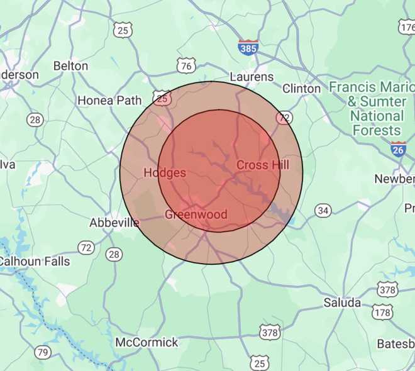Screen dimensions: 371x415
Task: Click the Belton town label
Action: [x=70, y=65]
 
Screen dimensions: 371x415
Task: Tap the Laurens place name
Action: [x=252, y=77]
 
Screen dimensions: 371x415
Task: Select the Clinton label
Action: [x=301, y=89]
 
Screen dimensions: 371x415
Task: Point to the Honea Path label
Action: [x=104, y=100]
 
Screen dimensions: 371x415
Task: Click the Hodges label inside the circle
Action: [x=165, y=172]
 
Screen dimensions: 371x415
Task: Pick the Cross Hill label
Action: [x=263, y=165]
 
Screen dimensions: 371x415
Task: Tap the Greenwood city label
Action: [x=196, y=214]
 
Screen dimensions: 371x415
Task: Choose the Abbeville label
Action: [x=114, y=223]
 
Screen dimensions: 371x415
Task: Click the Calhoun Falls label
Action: [x=35, y=260]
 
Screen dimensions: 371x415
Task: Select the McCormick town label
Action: [x=147, y=343]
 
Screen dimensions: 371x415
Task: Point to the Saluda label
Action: [x=342, y=302]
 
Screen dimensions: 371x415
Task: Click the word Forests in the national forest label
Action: [x=377, y=131]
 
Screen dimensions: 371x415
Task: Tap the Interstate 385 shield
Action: [x=248, y=47]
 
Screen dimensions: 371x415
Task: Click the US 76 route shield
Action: [x=185, y=65]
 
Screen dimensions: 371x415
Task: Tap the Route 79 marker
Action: [x=43, y=352]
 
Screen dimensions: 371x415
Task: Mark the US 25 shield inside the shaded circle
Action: [x=162, y=98]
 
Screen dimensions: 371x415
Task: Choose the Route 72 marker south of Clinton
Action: [x=285, y=118]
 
